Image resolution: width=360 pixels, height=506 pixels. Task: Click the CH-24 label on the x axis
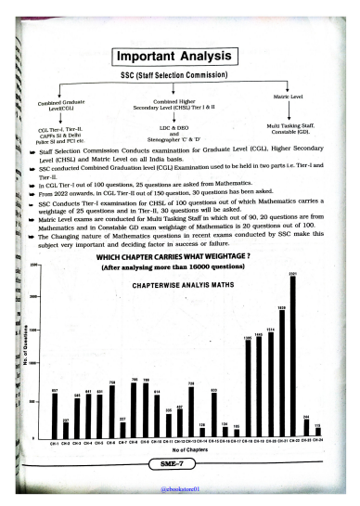pos(317,442)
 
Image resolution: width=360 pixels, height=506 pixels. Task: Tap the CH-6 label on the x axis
pos(111,442)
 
